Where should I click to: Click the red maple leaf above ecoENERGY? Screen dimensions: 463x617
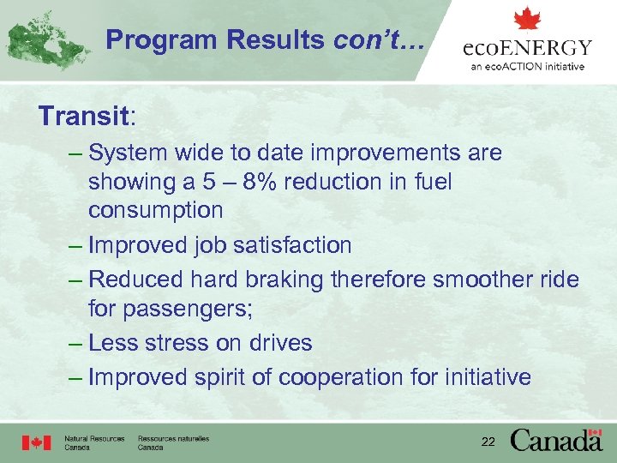click(x=527, y=19)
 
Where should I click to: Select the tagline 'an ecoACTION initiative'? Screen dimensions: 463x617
click(x=527, y=66)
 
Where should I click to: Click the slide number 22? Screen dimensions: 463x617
click(x=488, y=442)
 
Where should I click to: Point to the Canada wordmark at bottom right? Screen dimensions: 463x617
click(x=556, y=440)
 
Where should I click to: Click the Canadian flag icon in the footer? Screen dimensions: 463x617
click(x=36, y=442)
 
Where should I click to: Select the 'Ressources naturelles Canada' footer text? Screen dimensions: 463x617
click(x=173, y=442)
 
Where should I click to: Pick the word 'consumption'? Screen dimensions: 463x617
click(x=155, y=210)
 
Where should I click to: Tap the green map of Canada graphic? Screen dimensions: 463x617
click(x=47, y=39)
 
